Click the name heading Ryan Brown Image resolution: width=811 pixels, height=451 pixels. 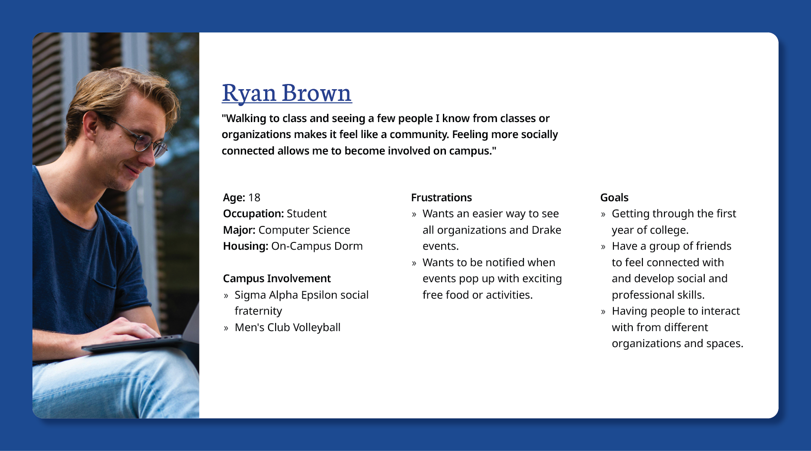coord(286,93)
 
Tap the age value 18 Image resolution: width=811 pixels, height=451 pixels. coord(254,198)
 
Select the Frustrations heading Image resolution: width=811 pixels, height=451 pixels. coord(441,198)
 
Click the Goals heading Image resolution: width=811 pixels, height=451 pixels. coord(614,198)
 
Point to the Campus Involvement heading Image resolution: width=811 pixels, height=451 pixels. coord(276,279)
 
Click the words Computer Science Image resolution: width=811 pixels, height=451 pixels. coord(304,230)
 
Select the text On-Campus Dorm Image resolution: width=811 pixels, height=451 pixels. coord(317,246)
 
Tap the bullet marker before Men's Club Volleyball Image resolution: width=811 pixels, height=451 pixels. coord(226,328)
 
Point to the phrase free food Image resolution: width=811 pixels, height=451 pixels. coord(446,295)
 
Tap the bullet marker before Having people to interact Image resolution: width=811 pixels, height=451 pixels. coord(603,312)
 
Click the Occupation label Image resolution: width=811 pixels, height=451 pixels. coord(253,214)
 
